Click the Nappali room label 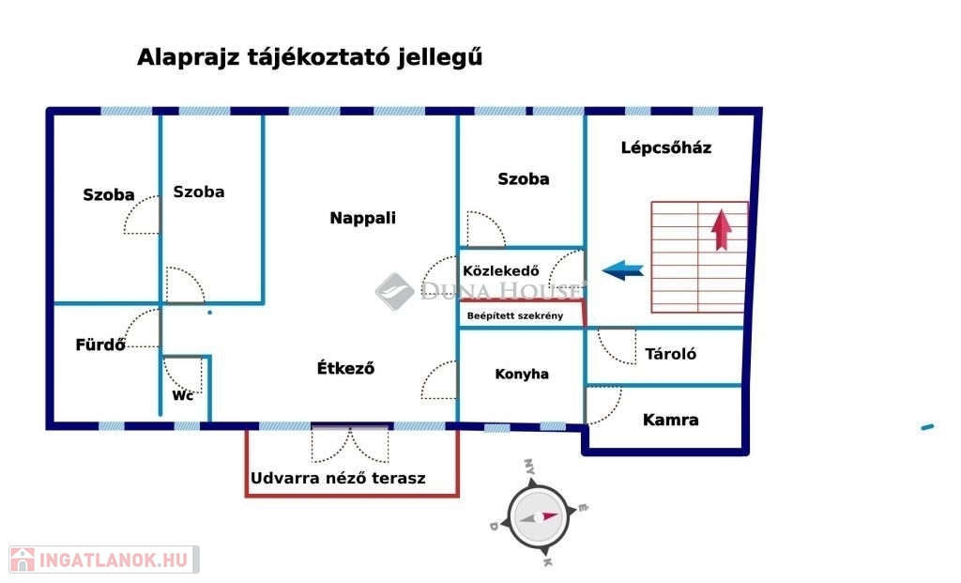click(362, 219)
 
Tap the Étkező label click(345, 369)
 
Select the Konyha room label click(522, 374)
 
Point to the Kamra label click(670, 420)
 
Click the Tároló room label click(670, 354)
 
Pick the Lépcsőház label click(666, 147)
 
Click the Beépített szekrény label click(515, 315)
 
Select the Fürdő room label click(100, 345)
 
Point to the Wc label click(182, 395)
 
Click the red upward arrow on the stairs click(722, 230)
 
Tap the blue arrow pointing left click(622, 271)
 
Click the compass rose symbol click(536, 515)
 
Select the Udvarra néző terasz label click(338, 478)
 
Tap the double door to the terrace click(349, 443)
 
